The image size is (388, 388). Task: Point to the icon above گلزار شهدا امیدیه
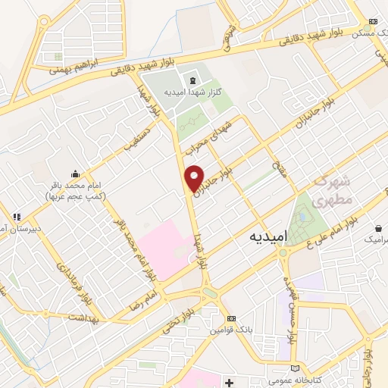pos(192,81)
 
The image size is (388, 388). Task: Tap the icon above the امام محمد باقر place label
pos(74,173)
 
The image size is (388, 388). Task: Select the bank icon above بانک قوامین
pos(231,318)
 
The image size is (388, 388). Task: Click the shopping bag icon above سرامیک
pos(377,228)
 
